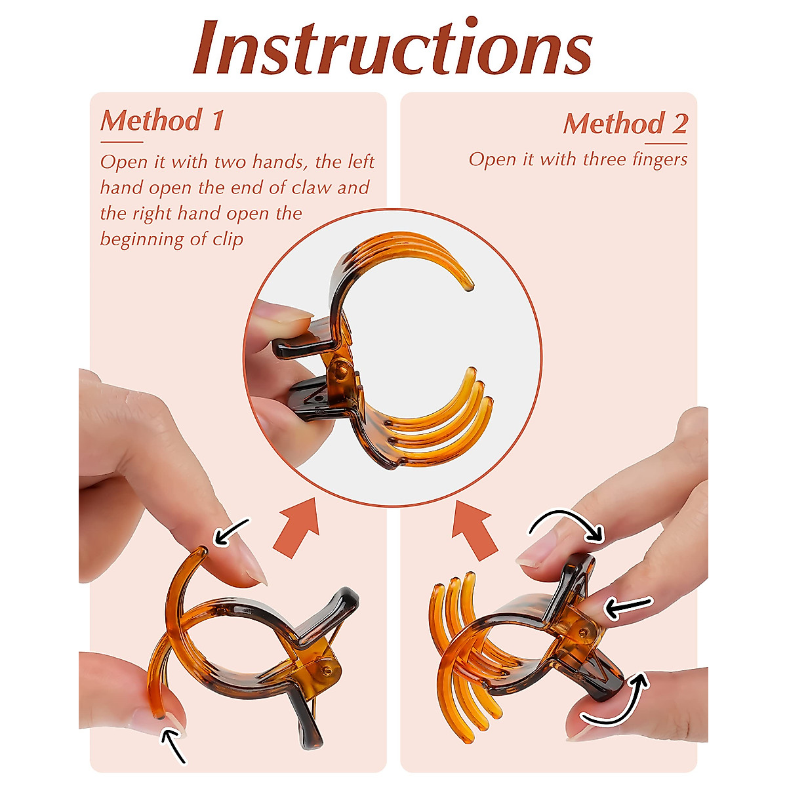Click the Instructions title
(392, 47)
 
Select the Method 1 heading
(162, 121)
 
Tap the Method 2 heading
(626, 123)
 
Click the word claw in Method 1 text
(312, 188)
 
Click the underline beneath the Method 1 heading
(121, 141)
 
